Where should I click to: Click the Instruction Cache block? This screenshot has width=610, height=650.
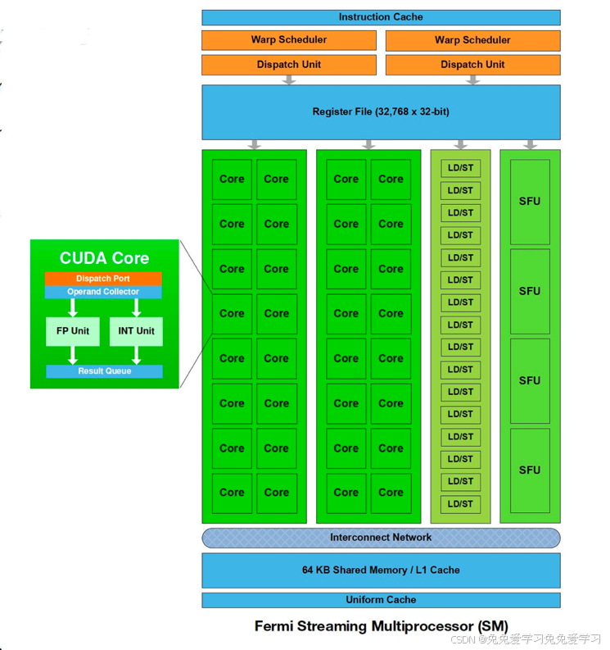tap(381, 17)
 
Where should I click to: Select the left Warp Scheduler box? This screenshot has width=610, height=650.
tap(289, 40)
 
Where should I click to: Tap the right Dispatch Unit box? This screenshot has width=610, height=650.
tap(472, 65)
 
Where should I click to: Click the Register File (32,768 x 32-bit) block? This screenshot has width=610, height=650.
tap(381, 111)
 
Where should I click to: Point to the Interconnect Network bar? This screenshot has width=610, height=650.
tap(381, 538)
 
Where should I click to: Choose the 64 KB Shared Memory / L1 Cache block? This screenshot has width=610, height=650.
tap(381, 570)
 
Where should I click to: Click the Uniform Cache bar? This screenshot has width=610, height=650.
tap(381, 600)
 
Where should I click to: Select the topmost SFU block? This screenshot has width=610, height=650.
tap(530, 202)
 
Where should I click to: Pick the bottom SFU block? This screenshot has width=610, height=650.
tap(530, 470)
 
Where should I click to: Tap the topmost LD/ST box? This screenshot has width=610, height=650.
tap(460, 168)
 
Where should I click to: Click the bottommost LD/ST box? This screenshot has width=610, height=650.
tap(460, 504)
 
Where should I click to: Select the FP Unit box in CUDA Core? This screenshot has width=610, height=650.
tap(73, 331)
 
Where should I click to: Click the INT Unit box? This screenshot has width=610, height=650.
tap(136, 331)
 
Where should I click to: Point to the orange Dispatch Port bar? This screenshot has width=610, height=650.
tap(103, 279)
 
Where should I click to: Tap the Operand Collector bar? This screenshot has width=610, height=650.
tap(103, 292)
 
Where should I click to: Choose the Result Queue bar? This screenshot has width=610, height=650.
tap(104, 371)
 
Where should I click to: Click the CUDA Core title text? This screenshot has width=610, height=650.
tap(104, 258)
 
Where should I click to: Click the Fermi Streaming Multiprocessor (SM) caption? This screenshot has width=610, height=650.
tap(381, 626)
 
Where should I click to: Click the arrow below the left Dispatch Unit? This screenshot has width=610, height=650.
tap(289, 80)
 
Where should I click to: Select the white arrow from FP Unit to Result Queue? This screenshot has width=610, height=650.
tap(73, 355)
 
